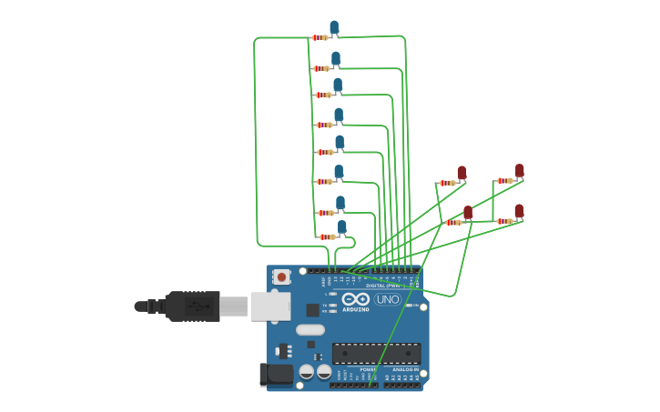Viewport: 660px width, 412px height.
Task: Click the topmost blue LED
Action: point(334,27)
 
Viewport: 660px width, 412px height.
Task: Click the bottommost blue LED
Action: point(342,226)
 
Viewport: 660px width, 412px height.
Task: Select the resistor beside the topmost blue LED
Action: point(320,37)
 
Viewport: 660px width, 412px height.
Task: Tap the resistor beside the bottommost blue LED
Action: point(327,236)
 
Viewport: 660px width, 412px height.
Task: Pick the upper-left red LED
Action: point(462,173)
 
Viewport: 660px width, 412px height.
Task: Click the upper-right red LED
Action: point(520,171)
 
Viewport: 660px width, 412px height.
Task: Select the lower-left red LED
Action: point(468,213)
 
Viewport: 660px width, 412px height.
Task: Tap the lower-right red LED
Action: point(519,211)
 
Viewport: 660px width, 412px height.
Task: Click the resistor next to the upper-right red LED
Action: point(504,180)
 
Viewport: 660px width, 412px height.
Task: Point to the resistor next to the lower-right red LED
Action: point(504,221)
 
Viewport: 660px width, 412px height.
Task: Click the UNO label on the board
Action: point(388,299)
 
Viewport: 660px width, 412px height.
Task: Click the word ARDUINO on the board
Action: point(356,309)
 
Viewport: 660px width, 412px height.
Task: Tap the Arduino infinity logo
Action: point(356,299)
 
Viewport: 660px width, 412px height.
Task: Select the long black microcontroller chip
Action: point(376,353)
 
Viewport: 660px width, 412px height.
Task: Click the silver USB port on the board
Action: point(270,306)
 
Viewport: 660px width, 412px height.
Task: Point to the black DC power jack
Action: point(277,374)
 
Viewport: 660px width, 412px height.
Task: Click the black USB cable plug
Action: point(192,306)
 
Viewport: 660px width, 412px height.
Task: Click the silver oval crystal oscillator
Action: point(310,330)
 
